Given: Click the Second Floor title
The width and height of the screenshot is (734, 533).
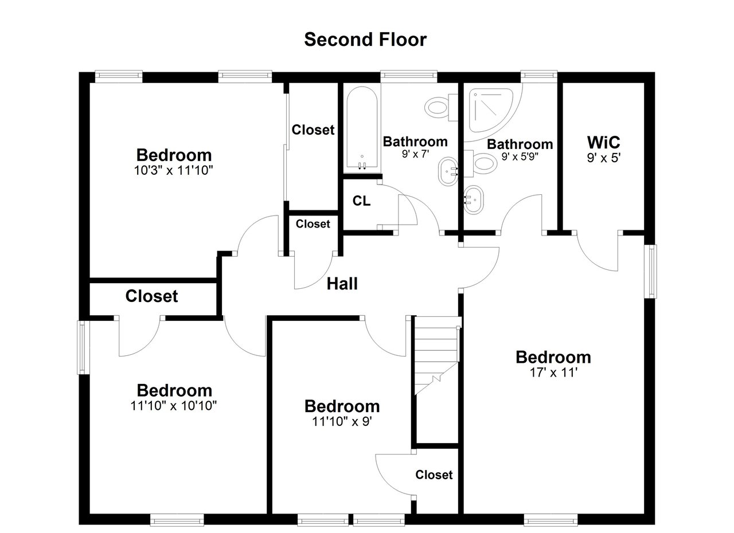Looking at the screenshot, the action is pyautogui.click(x=365, y=40).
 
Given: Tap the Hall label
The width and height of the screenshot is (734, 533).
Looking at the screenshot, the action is pyautogui.click(x=342, y=284).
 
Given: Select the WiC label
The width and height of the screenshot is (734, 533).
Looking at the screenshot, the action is pyautogui.click(x=604, y=142).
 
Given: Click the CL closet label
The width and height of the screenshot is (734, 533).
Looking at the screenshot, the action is pyautogui.click(x=361, y=201).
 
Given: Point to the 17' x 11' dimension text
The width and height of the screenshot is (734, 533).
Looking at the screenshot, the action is pyautogui.click(x=553, y=373).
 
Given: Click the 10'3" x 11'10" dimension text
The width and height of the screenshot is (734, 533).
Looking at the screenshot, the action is pyautogui.click(x=174, y=170).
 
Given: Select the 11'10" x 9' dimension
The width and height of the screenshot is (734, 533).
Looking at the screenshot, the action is pyautogui.click(x=342, y=422).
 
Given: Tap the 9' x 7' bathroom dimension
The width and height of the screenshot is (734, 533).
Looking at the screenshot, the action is pyautogui.click(x=416, y=154).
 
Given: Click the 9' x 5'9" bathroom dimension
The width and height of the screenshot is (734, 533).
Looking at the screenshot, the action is pyautogui.click(x=520, y=156).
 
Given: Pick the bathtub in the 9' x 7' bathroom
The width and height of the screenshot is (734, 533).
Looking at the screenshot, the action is pyautogui.click(x=362, y=130).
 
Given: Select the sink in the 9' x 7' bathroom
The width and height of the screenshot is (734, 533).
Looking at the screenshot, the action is pyautogui.click(x=448, y=171).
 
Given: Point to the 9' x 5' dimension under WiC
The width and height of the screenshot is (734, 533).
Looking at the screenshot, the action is pyautogui.click(x=604, y=158).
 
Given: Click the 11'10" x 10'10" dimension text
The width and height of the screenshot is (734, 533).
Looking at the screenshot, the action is pyautogui.click(x=174, y=406).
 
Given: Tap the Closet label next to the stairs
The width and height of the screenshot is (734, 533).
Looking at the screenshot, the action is pyautogui.click(x=434, y=475).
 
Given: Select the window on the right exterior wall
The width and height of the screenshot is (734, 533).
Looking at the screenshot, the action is pyautogui.click(x=651, y=272).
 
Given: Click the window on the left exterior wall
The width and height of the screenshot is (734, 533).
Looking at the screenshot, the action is pyautogui.click(x=83, y=347).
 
